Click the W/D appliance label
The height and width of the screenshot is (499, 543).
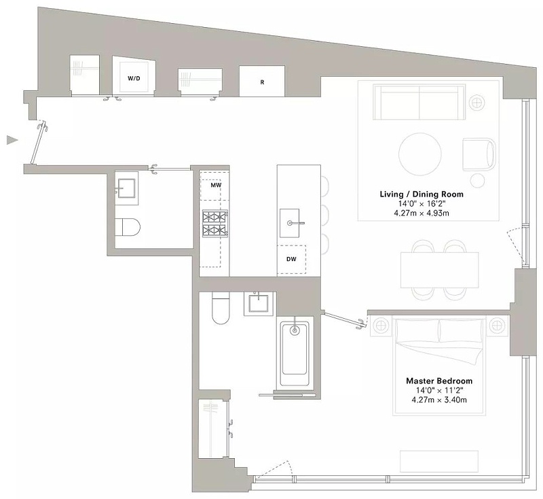pos(134,78)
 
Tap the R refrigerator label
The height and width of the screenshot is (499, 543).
pos(262,82)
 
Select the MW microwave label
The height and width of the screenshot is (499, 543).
pos(216,185)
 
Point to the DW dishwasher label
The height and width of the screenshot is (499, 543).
pos(291,259)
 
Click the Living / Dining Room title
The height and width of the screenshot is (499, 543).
pos(422,194)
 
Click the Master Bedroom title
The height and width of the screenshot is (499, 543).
pos(439,381)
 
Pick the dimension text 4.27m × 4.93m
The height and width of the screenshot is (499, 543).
pos(422,213)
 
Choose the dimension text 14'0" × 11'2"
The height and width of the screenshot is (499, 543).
pos(439,390)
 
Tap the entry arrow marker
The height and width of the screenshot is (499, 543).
pos(12,140)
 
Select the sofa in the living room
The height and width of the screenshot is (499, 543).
pos(419,102)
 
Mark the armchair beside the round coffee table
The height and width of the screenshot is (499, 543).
pos(479,154)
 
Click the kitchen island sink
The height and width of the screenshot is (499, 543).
pos(290,223)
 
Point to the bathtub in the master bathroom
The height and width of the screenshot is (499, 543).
pos(295,354)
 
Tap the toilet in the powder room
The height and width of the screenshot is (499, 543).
pos(128,228)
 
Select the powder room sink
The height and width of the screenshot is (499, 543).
pos(126,188)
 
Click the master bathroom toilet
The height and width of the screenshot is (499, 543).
pos(221,308)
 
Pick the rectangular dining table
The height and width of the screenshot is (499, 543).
pos(439,270)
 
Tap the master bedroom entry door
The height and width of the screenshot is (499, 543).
pos(344,320)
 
